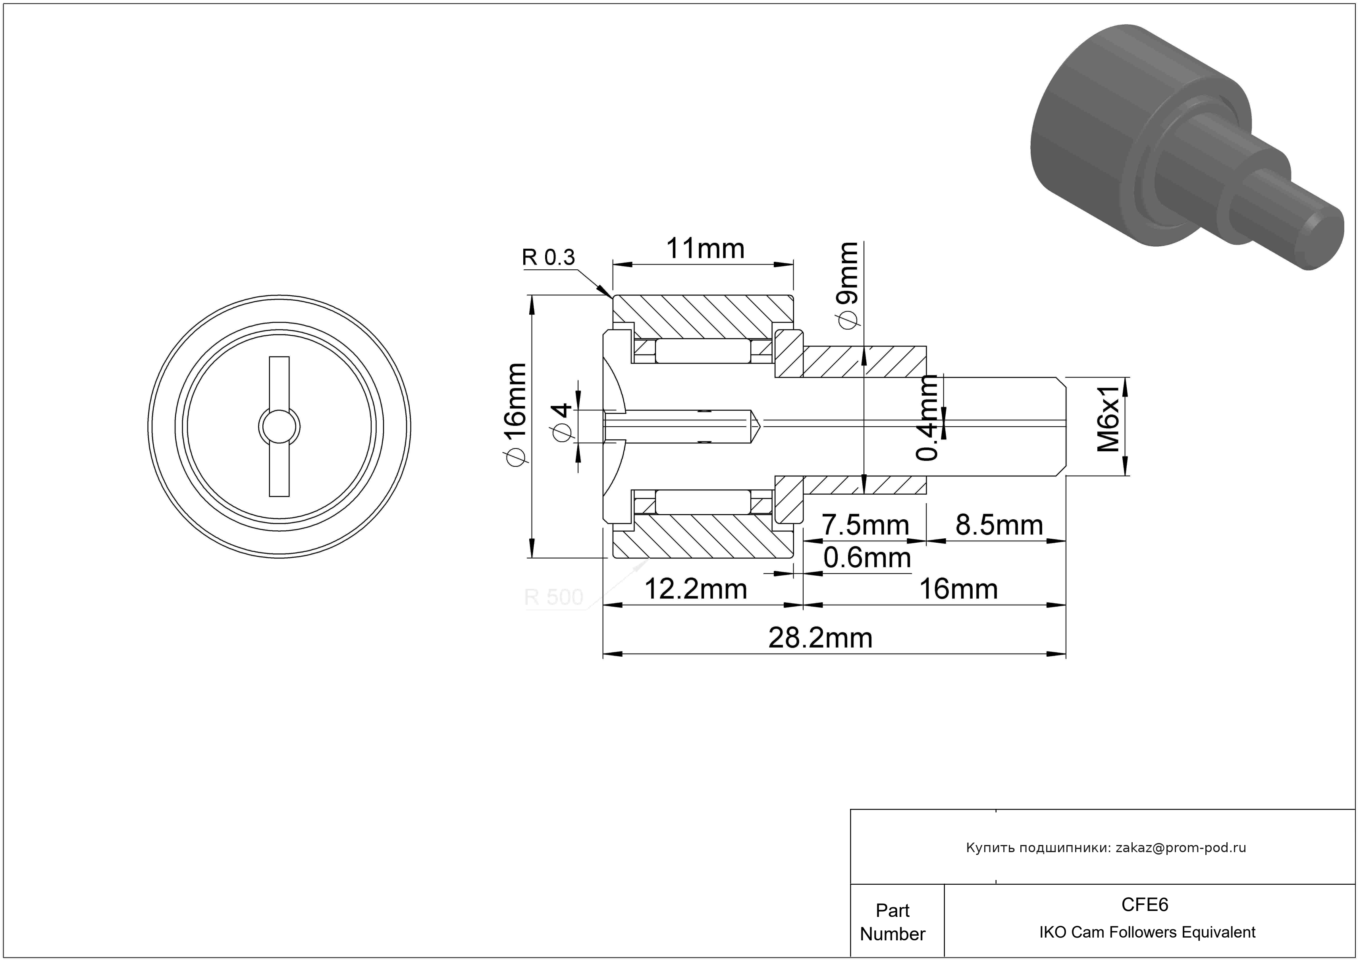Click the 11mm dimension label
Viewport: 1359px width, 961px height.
coord(705,249)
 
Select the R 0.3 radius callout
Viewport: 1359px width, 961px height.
coord(548,257)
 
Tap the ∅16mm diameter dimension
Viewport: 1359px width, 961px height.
coord(515,414)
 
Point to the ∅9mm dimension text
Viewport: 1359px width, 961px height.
coord(847,285)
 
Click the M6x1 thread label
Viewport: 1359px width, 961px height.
coord(1108,419)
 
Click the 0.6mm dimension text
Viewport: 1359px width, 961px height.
coord(867,558)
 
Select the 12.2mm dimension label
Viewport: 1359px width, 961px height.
coord(696,590)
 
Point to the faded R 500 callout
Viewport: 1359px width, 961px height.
coord(553,597)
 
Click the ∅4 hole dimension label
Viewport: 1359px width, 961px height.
coord(562,422)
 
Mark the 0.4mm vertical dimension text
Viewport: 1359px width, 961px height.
coord(927,418)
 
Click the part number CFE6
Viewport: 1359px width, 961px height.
coord(1145,905)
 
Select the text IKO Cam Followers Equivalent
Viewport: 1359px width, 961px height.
coord(1147,932)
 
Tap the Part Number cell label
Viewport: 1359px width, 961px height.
coord(893,922)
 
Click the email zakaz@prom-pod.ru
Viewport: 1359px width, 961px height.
coord(1181,848)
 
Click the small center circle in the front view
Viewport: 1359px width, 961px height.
coord(280,426)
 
